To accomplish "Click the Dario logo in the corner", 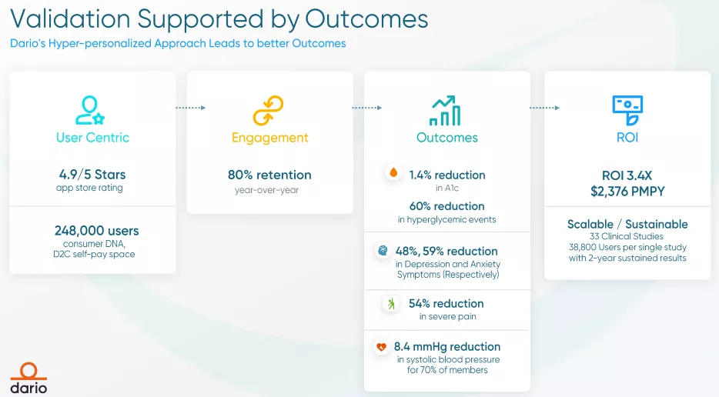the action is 28,379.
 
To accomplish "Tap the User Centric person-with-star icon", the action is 90,110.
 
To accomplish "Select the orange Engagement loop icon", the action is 268,111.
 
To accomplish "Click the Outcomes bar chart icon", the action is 445,111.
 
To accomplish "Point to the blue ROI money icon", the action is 627,111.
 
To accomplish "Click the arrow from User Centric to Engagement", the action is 191,108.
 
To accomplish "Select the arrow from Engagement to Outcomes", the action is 367,108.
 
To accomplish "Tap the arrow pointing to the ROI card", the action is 545,108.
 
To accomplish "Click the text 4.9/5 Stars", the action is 92,175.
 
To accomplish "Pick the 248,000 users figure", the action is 97,231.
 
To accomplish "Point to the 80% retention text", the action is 269,175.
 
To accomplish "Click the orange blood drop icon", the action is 393,173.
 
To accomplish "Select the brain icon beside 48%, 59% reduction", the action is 383,250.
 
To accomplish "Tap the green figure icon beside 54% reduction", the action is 391,303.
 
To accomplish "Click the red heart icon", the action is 381,347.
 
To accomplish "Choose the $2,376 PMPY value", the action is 627,191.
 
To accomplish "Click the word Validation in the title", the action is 70,18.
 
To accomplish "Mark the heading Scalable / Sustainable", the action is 627,224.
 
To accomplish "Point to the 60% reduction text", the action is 447,206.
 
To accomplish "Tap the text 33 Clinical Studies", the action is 627,236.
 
